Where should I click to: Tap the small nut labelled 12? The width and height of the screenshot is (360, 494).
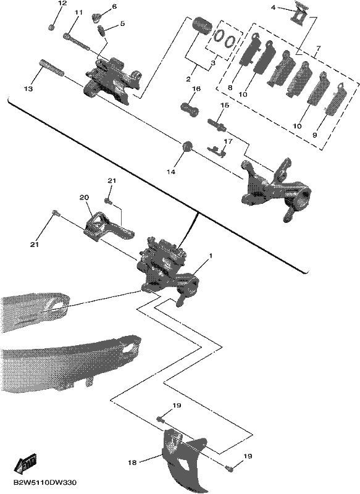click(x=52, y=27)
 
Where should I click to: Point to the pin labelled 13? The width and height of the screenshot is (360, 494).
click(x=51, y=67)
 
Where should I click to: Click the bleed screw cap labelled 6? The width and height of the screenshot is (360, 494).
click(x=96, y=17)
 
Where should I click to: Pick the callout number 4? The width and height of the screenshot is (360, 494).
click(x=273, y=7)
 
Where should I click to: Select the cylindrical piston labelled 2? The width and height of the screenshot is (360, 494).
click(x=203, y=25)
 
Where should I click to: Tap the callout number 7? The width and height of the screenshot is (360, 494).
click(x=319, y=49)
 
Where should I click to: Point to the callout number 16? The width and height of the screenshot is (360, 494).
click(x=196, y=90)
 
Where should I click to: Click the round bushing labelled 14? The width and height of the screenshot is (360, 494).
click(x=187, y=146)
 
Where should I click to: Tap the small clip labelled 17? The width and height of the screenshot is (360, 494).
click(x=217, y=151)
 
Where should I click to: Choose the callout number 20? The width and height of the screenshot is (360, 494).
click(x=84, y=198)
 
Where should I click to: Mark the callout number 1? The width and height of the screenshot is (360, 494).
click(x=211, y=256)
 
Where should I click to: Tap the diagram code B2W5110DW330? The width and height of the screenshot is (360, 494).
click(x=44, y=483)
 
